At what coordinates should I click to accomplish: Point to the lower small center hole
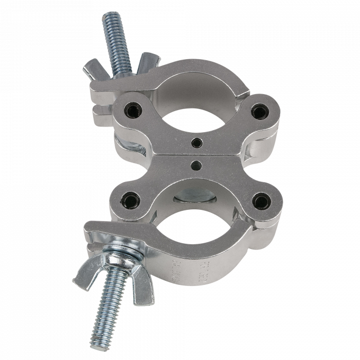click(195, 165)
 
